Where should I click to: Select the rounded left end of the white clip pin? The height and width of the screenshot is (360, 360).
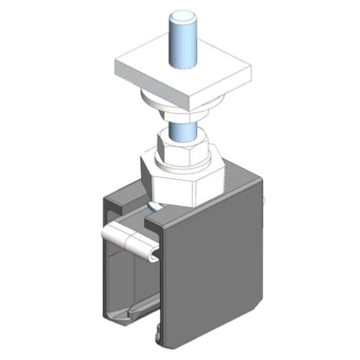click(107, 235)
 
